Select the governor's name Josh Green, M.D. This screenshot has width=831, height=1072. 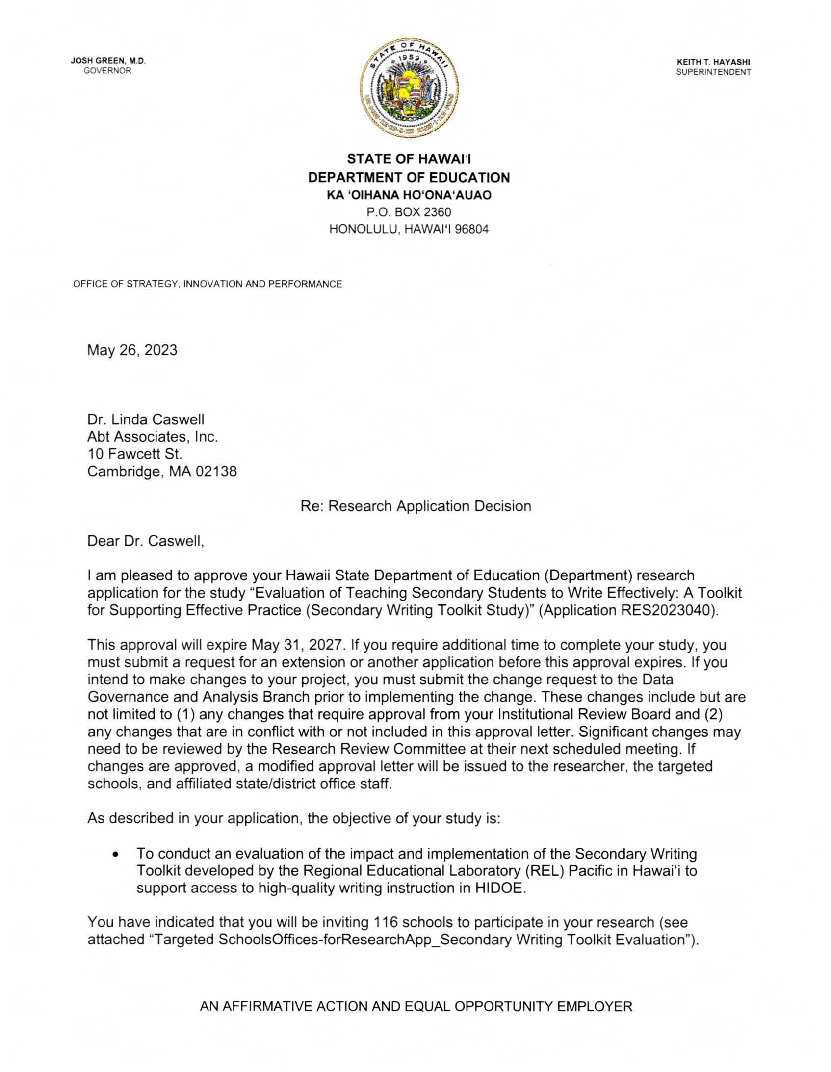108,61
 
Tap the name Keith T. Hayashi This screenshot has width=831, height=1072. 713,62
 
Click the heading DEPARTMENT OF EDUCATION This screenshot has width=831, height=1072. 409,177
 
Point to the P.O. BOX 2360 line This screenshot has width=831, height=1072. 409,212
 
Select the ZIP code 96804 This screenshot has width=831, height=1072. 472,229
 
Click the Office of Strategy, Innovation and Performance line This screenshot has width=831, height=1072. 207,284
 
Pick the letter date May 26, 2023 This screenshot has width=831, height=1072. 132,350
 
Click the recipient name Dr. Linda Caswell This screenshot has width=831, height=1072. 146,419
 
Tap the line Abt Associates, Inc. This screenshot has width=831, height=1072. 153,437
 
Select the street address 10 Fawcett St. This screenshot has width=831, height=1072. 135,454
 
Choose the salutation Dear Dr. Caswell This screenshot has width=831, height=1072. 146,541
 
